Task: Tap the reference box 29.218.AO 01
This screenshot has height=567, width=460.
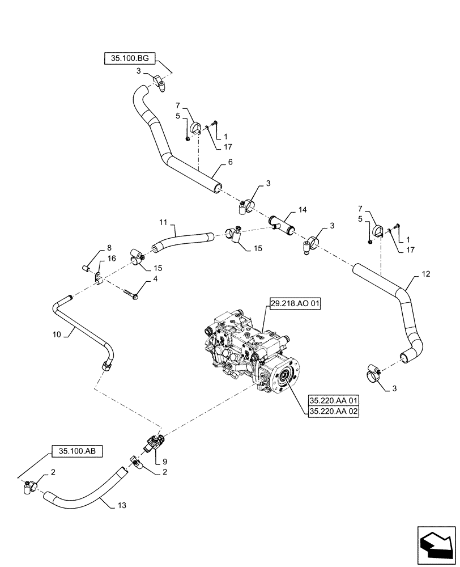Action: click(294, 304)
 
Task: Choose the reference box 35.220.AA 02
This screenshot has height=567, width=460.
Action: click(334, 412)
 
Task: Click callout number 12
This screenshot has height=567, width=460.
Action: click(425, 274)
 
